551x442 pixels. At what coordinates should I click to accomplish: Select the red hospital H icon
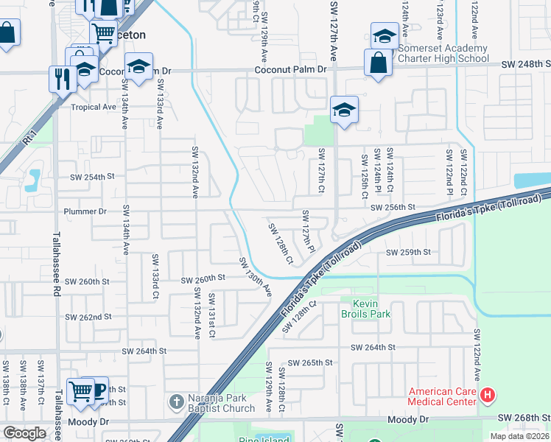tap(487, 396)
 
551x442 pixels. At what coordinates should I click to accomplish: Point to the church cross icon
tap(176, 402)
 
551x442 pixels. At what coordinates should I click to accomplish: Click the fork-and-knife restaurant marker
tap(60, 77)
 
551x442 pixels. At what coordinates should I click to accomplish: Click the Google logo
tap(24, 433)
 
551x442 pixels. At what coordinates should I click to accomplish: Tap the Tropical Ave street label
tap(94, 107)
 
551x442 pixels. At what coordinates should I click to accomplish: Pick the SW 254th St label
tap(93, 177)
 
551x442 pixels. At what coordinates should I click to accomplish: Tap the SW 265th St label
tap(310, 363)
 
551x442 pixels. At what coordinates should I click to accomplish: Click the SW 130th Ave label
tap(255, 276)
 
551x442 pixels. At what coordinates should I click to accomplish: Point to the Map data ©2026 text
tap(519, 436)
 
